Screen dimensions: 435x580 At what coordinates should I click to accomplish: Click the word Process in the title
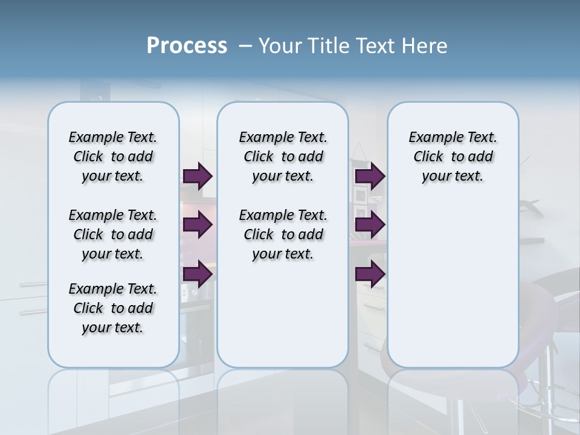187,46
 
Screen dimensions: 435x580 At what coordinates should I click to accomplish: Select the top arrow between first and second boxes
198,176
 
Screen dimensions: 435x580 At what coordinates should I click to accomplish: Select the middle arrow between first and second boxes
198,225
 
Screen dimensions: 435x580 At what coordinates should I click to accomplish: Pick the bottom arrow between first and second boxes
198,274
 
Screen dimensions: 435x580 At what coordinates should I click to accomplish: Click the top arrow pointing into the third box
370,176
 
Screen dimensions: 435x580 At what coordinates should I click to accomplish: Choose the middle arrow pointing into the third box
370,225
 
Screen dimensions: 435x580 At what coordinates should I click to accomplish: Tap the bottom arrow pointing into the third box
370,274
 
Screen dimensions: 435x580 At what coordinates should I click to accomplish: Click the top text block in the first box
113,156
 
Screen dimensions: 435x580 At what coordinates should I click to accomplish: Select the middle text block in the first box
113,234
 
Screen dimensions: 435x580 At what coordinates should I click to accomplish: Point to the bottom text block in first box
113,308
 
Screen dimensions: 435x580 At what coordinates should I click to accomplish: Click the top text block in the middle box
283,156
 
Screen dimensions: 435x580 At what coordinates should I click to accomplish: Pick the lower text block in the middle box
283,234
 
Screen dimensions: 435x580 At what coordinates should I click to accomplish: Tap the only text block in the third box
453,156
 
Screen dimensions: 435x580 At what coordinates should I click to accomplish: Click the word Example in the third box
431,137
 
